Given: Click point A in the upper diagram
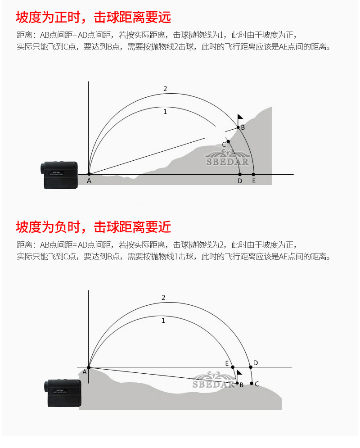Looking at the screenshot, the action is coord(89,174).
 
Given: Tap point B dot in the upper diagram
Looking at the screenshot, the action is coord(238,127).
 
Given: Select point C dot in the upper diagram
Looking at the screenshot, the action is coord(228,141).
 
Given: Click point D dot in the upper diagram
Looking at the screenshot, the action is coord(240,174).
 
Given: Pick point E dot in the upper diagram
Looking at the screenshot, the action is coord(253,174).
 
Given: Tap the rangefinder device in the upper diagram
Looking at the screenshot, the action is coord(59,175).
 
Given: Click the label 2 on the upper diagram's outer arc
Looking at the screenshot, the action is coord(165,89).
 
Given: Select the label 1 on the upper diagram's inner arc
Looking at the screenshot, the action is coord(165,112).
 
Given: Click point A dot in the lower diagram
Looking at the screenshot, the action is coord(89,367).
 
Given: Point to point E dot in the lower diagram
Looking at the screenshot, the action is coord(233,367).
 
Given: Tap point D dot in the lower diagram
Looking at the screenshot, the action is coord(251,367).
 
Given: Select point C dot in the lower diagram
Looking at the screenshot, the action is coord(252,384).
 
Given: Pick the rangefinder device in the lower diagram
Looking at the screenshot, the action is coord(63,394).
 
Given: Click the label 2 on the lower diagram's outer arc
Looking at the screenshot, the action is coord(163,298).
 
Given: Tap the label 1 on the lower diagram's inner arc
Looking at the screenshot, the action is coord(163,321).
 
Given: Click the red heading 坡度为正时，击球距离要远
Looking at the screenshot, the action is coord(93,17).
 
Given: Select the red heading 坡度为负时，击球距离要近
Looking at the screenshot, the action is coord(93,227).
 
